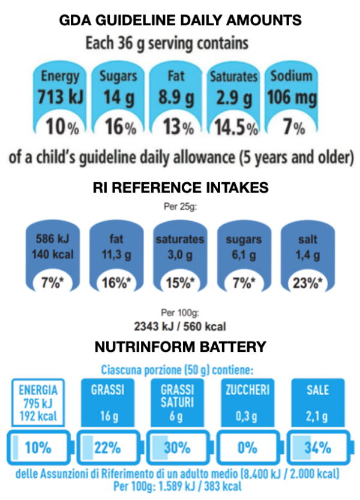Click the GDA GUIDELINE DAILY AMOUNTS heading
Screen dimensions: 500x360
click(180, 21)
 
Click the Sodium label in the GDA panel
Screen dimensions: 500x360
click(291, 77)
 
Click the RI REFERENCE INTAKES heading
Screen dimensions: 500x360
click(180, 188)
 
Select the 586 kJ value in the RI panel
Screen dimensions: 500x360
click(54, 239)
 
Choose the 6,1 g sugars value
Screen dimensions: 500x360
click(243, 254)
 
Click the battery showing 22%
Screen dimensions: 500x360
click(107, 447)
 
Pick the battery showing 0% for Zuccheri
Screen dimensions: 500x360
click(248, 447)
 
